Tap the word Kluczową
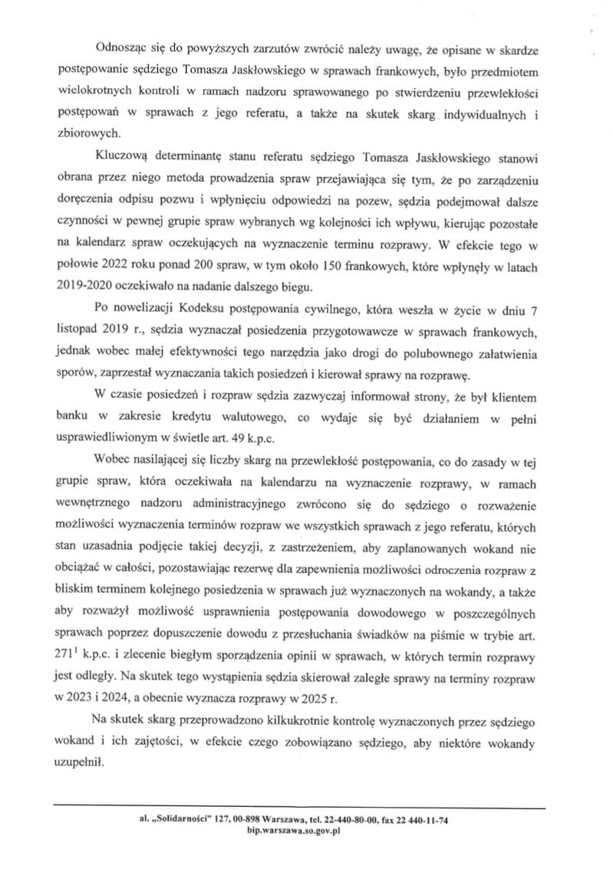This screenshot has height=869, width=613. coord(119,158)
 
